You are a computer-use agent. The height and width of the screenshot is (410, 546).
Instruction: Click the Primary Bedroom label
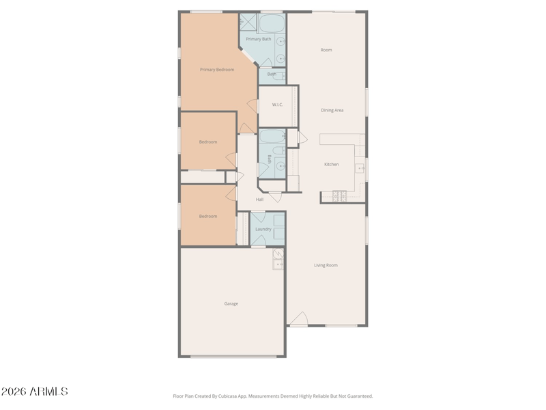click(217, 70)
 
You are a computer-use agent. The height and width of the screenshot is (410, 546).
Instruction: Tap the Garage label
click(231, 303)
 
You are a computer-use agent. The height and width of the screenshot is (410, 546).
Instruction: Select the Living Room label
click(326, 265)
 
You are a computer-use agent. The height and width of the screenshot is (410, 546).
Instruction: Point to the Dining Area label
click(332, 110)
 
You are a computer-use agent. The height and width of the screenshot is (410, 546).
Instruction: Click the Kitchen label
click(332, 164)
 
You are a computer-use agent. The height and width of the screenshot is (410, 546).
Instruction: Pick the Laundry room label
click(263, 229)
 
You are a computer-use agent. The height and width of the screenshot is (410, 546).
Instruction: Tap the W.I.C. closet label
click(278, 105)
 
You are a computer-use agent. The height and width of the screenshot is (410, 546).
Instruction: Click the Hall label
click(260, 200)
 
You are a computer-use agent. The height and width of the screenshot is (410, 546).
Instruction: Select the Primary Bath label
click(259, 39)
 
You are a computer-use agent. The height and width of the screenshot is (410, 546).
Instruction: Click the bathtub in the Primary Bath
click(272, 24)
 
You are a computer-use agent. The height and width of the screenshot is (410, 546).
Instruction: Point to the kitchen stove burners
click(339, 196)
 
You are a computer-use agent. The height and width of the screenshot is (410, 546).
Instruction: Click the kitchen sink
click(360, 168)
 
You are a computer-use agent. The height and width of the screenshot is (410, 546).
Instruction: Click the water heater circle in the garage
click(278, 254)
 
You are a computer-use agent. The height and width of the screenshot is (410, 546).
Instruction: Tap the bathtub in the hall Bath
click(272, 136)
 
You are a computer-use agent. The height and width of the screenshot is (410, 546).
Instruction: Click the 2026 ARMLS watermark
click(35, 392)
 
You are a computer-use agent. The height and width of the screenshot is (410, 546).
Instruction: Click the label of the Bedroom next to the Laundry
click(208, 216)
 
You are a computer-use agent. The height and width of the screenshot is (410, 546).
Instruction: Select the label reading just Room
click(326, 50)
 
